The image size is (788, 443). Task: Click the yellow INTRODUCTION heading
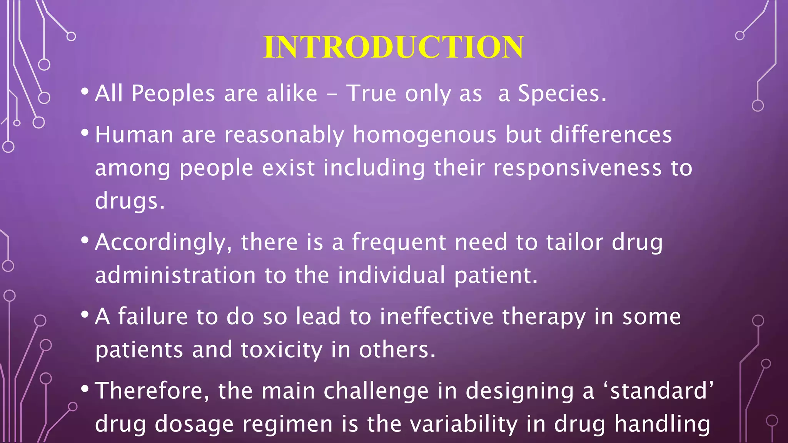[394, 47]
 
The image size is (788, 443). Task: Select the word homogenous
[424, 135]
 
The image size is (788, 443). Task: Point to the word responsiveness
[577, 168]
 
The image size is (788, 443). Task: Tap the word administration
[175, 275]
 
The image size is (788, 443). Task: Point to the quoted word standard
[659, 391]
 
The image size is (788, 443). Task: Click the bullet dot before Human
[85, 133]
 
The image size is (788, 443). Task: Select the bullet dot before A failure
[85, 315]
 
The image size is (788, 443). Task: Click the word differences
[611, 135]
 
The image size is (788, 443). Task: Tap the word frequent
[399, 243]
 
